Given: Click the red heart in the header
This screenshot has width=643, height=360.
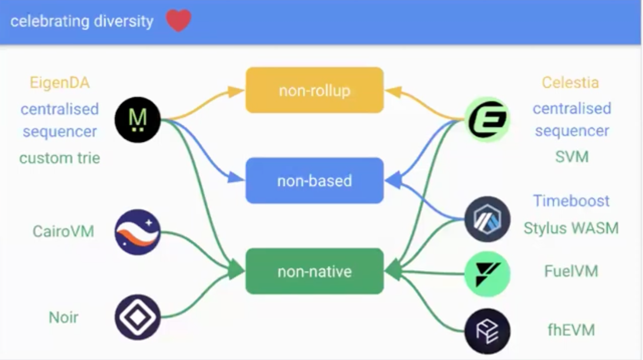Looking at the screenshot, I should (178, 21).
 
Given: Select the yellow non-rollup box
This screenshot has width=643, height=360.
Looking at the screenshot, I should (314, 90).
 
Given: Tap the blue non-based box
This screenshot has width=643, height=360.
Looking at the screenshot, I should (314, 181).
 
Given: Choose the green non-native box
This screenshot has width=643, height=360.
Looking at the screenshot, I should (314, 271).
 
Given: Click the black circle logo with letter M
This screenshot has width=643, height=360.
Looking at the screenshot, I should (138, 120).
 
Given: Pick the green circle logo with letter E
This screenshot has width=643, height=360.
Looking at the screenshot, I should (487, 120).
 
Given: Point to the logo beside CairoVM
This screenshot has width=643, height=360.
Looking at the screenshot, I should (138, 232).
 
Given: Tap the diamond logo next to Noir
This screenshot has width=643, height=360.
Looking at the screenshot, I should (138, 317).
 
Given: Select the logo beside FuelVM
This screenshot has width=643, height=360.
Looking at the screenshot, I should (487, 274).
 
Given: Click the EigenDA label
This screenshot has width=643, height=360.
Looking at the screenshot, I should (60, 82).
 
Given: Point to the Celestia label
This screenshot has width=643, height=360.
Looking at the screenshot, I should (570, 82).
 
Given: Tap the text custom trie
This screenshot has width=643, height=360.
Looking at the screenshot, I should (60, 158).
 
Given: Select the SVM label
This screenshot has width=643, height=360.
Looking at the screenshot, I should (572, 157).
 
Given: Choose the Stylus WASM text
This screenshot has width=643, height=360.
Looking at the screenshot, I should (571, 228).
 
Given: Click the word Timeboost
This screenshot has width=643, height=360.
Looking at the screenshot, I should (571, 201).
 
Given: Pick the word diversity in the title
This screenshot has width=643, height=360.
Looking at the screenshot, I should (124, 21).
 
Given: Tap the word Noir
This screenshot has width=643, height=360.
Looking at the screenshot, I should (64, 317).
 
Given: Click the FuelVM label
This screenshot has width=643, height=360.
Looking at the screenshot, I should (571, 271).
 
